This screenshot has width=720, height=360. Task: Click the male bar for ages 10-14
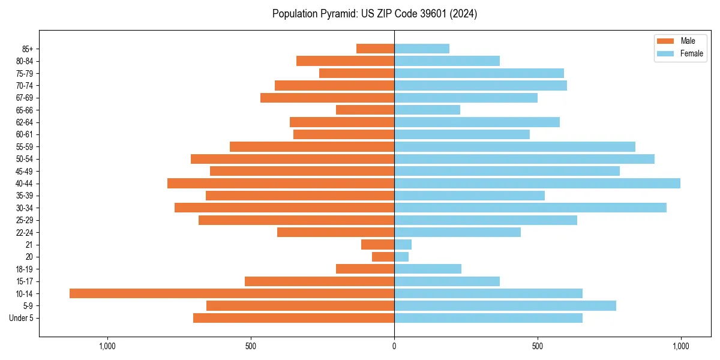click(232, 293)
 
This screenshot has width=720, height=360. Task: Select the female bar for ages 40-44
click(537, 183)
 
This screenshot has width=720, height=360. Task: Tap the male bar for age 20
click(383, 257)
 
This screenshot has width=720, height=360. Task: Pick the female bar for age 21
click(403, 244)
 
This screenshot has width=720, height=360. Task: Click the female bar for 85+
click(422, 49)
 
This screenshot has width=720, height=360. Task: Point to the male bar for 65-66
click(365, 110)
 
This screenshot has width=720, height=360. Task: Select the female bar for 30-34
click(530, 208)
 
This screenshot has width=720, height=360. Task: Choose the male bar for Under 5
click(293, 318)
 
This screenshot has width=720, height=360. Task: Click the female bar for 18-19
click(428, 269)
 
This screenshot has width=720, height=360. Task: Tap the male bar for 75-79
click(356, 73)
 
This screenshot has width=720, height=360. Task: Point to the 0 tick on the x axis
click(394, 346)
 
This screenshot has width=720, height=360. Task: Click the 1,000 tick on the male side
click(107, 346)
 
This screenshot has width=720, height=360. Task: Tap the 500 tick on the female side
click(538, 346)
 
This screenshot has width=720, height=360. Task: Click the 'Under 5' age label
click(21, 318)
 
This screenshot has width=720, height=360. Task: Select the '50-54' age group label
click(25, 159)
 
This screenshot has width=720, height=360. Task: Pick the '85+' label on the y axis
click(28, 49)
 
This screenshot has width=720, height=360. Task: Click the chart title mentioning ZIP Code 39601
click(374, 14)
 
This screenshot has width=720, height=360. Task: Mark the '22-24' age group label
click(25, 232)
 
